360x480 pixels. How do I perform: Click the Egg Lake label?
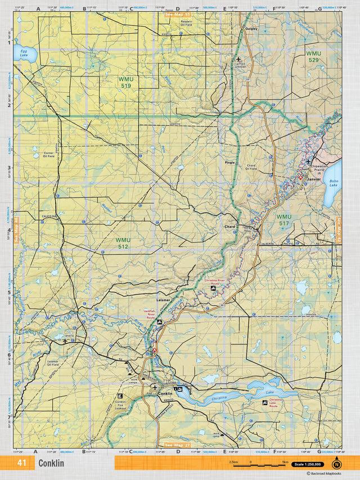(x=23, y=54)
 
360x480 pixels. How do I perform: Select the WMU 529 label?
(x=313, y=57)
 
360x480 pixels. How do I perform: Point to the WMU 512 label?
(x=123, y=243)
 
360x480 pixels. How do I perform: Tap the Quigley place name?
(x=251, y=28)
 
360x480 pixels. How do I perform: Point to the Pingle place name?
(x=229, y=162)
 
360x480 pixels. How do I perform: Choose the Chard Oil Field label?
(x=251, y=167)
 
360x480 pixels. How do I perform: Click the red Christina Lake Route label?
(x=276, y=401)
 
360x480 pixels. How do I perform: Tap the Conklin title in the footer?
(x=51, y=463)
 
